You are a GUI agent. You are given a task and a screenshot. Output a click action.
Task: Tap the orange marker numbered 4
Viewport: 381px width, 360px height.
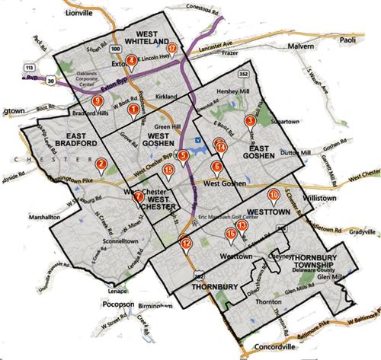pyautogui.click(x=132, y=62)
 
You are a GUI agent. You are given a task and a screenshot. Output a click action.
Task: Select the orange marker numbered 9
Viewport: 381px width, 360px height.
pyautogui.click(x=96, y=101)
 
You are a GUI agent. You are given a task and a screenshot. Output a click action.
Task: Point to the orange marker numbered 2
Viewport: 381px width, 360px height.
pyautogui.click(x=101, y=163)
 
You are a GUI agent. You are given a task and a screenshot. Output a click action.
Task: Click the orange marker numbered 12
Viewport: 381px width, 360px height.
pyautogui.click(x=185, y=243)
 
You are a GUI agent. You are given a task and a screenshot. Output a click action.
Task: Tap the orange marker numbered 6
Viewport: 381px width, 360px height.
pyautogui.click(x=216, y=167)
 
